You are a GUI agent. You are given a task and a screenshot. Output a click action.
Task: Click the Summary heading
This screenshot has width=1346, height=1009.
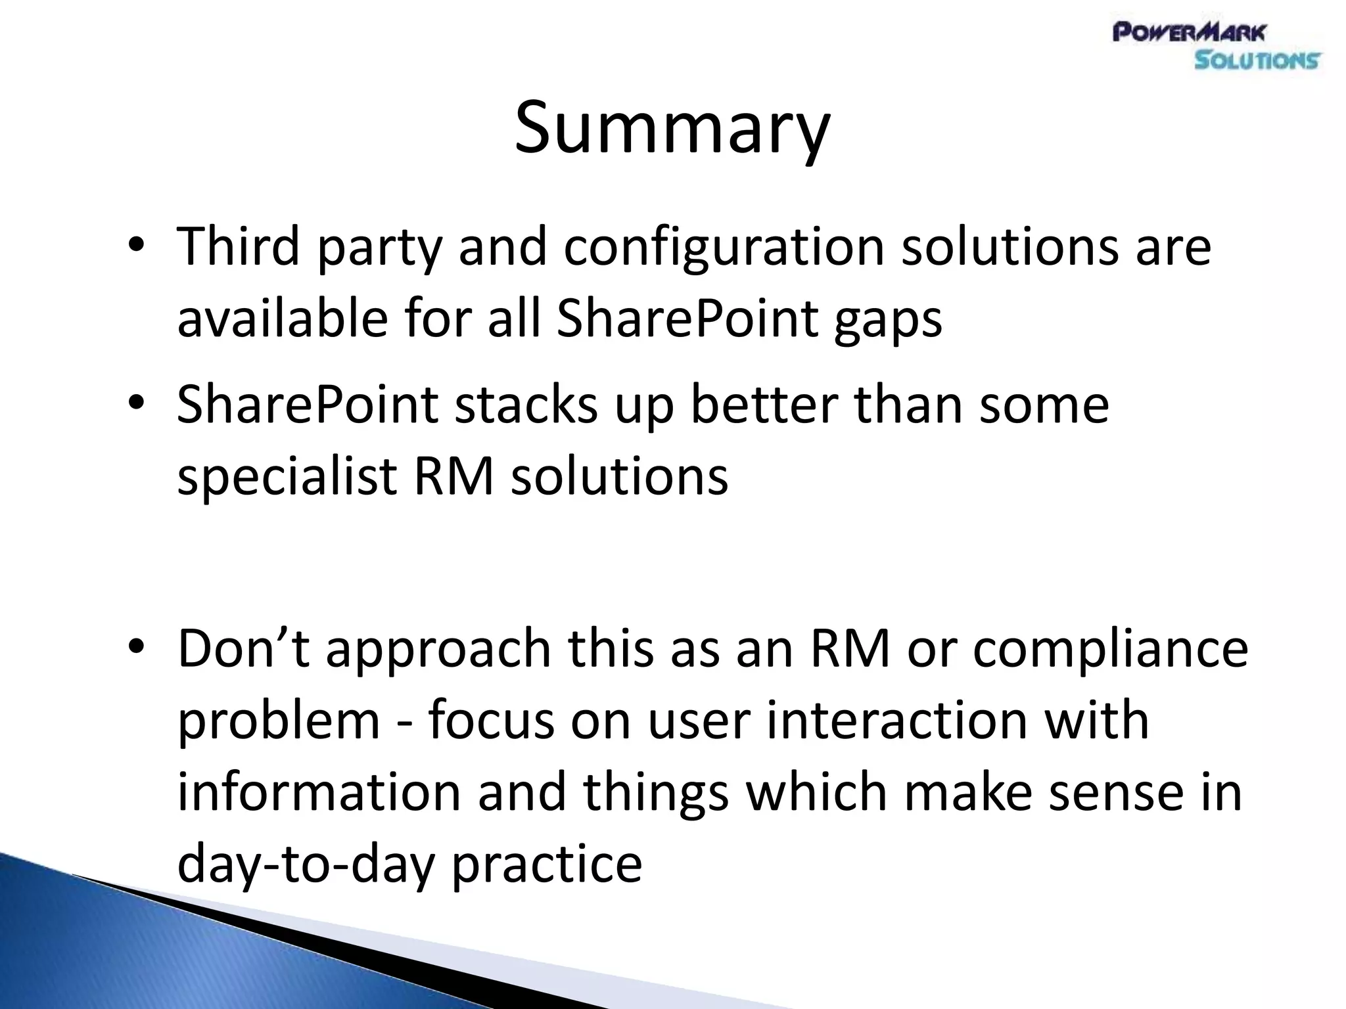(672, 128)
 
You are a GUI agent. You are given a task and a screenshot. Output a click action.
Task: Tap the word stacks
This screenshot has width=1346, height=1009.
(526, 405)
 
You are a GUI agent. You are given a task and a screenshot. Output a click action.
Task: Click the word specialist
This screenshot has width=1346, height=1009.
(287, 478)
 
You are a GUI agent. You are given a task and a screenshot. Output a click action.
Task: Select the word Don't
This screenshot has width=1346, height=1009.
(243, 648)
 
